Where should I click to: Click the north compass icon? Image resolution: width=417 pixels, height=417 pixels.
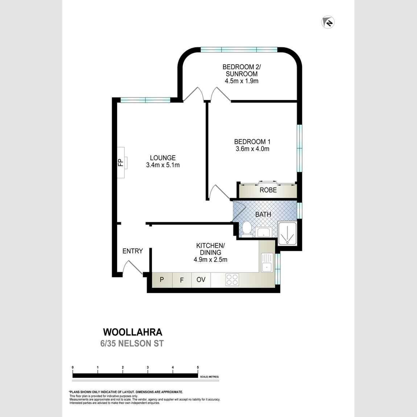pos(328,22)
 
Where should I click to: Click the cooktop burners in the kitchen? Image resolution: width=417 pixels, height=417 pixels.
pos(232,280)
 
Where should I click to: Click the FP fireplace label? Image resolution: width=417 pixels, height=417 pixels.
pos(121,162)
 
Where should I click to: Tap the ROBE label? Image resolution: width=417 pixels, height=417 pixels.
pos(268,190)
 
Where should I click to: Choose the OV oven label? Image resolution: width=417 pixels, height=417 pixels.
pos(201,280)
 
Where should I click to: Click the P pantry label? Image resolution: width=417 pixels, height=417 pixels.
pos(162,280)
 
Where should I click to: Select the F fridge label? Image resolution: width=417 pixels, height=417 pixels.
pos(182,280)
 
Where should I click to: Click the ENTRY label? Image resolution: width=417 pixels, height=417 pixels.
pos(132,251)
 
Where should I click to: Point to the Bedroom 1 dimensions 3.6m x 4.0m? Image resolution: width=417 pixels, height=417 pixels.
pos(252,149)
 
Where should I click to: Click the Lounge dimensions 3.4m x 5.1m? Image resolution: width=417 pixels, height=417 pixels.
pos(163,165)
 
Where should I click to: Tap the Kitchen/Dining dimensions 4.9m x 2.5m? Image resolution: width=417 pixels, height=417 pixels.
pos(210,260)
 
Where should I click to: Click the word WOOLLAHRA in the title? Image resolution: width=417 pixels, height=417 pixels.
pos(133,332)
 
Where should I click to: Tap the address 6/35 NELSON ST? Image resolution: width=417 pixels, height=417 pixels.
pos(132,343)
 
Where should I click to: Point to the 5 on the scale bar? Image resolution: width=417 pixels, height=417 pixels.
pos(198,367)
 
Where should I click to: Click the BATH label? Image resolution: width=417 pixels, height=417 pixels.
pos(263,214)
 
